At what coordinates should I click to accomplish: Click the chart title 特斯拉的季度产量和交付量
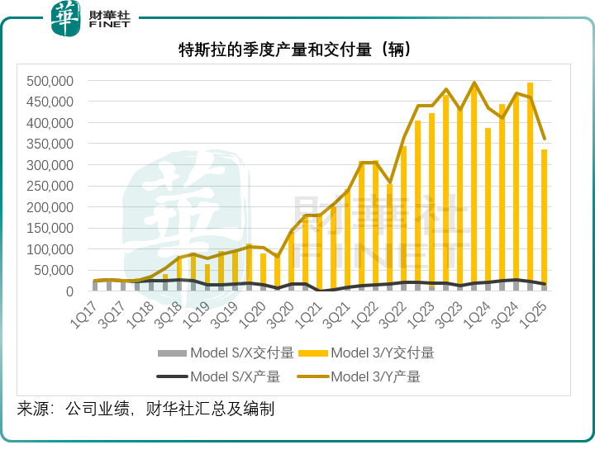click(x=295, y=50)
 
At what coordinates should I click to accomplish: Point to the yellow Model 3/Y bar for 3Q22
click(x=404, y=219)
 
